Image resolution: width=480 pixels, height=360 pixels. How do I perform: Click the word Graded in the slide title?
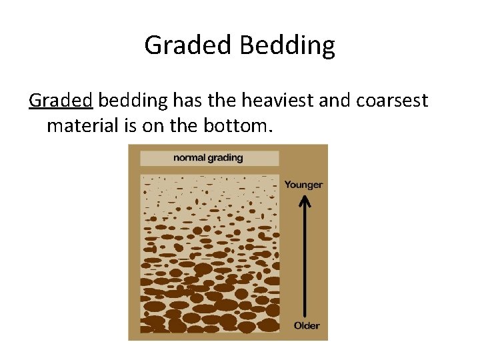[x=187, y=46]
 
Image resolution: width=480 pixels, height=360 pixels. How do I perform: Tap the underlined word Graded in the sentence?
[x=60, y=101]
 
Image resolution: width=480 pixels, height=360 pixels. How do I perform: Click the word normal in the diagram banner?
[x=191, y=158]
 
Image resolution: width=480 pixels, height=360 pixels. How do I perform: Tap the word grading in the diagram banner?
[x=225, y=159]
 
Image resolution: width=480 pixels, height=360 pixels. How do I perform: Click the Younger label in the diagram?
[x=303, y=185]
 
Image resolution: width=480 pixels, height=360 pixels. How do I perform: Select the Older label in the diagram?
[x=307, y=325]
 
